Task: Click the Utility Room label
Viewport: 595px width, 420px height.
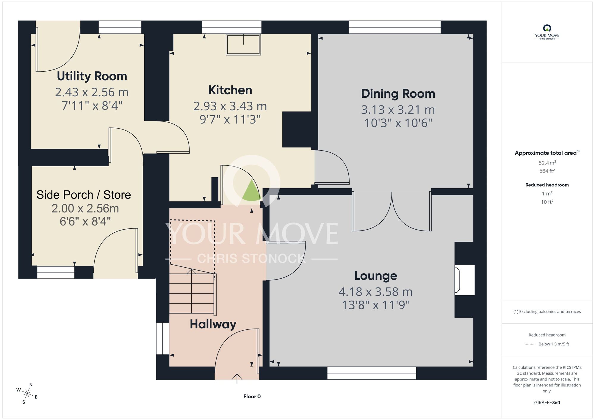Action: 92,76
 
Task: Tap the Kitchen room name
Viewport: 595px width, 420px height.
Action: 230,90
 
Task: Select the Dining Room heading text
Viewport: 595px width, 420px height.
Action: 398,94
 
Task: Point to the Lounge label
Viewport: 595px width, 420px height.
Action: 375,276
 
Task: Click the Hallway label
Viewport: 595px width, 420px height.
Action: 213,324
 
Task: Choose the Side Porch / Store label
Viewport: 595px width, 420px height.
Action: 84,195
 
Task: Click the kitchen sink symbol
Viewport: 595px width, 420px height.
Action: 243,45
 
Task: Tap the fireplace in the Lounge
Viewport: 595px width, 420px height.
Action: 464,280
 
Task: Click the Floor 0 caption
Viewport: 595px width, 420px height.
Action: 252,397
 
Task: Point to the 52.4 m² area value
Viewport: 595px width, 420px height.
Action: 547,163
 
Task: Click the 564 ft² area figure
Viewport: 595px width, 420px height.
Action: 547,171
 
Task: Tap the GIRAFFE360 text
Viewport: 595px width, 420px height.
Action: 547,403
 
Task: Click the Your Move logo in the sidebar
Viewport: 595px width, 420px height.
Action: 547,32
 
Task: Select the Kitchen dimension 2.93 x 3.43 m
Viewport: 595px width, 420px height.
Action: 230,106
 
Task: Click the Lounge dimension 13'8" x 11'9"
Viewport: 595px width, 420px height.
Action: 376,305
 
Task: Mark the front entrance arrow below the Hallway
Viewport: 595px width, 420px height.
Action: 237,379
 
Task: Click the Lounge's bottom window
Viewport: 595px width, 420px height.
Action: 372,373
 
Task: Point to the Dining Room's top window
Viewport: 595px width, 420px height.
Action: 395,27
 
